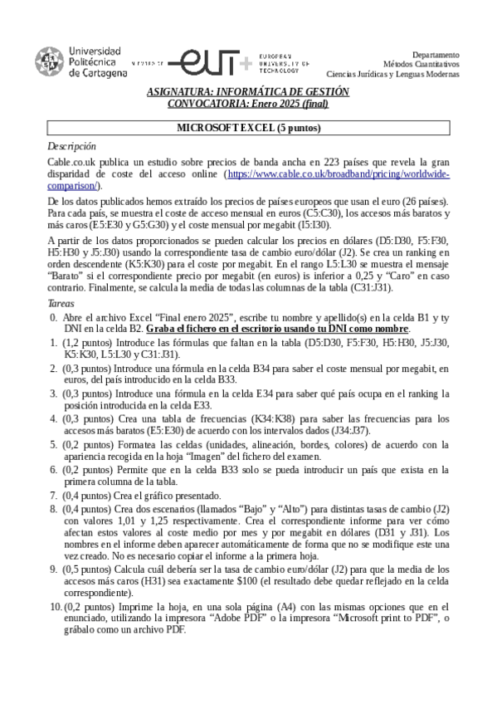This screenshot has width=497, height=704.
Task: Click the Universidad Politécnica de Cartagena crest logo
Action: [x=47, y=61]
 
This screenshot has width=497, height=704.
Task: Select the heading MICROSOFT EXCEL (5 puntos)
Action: [x=248, y=129]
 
